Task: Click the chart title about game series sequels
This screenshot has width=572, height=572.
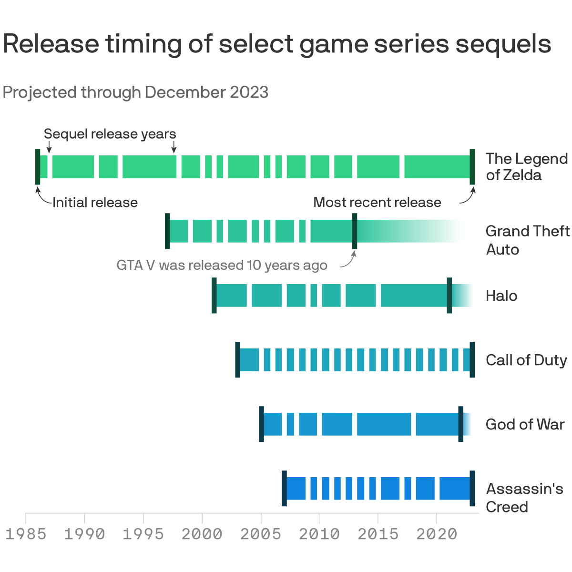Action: click(277, 44)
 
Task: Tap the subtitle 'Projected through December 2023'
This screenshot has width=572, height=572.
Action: click(135, 92)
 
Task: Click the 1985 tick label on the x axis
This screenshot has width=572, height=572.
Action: click(26, 534)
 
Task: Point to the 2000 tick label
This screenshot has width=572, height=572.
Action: click(202, 534)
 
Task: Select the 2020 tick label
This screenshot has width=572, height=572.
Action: click(437, 534)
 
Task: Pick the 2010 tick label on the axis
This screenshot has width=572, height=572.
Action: click(319, 534)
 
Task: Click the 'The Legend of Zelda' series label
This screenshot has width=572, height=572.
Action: click(526, 167)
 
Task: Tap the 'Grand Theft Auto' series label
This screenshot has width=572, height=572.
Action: click(527, 240)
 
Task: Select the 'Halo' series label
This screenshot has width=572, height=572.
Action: click(501, 296)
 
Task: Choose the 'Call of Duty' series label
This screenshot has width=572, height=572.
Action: click(526, 360)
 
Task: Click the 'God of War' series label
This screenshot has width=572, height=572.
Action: click(525, 425)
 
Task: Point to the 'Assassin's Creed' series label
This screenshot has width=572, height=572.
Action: click(524, 498)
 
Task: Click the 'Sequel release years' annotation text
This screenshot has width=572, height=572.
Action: click(110, 134)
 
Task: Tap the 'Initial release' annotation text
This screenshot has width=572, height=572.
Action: click(95, 203)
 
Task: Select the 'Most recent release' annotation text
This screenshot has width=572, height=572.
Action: click(377, 203)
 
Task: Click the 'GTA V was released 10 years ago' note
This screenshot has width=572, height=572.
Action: click(222, 266)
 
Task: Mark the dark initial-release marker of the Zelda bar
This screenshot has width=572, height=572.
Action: click(38, 166)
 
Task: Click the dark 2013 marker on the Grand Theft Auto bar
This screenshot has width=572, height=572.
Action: click(355, 231)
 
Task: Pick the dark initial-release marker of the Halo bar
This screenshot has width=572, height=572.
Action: click(214, 296)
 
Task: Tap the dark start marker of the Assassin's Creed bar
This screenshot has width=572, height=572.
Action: click(284, 488)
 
